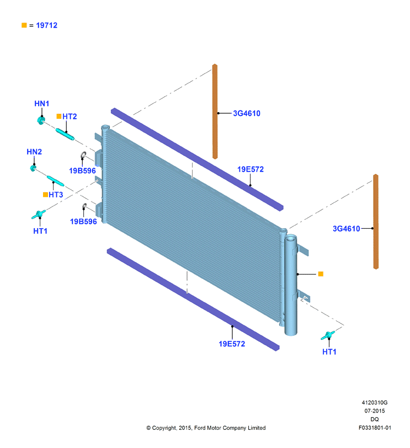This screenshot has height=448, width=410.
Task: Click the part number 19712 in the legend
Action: (x=46, y=25)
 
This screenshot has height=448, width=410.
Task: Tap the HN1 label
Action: (x=41, y=103)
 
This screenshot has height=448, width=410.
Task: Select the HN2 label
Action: (x=34, y=152)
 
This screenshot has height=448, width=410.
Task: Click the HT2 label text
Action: (x=70, y=117)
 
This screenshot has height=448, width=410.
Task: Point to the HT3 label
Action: (x=56, y=195)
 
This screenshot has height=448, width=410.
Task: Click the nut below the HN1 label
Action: (x=41, y=120)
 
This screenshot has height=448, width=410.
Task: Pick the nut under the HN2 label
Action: (x=33, y=168)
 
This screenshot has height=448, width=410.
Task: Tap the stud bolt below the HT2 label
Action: (x=65, y=134)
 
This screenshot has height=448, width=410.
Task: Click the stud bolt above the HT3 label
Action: (x=55, y=181)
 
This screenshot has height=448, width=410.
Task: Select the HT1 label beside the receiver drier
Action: (x=329, y=352)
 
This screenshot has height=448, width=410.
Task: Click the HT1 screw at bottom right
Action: (x=328, y=335)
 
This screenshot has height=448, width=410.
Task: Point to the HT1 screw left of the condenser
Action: (x=39, y=214)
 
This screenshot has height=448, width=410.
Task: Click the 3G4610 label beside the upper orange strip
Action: (x=247, y=113)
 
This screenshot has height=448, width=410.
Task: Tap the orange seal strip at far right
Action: (x=376, y=222)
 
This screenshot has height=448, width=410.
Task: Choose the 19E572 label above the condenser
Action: (x=251, y=170)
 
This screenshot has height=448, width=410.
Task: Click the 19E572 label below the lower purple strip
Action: (x=232, y=344)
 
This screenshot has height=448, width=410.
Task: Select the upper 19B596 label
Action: (x=82, y=171)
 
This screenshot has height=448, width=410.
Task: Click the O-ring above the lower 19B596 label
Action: (x=84, y=207)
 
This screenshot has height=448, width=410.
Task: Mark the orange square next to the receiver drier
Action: (x=321, y=274)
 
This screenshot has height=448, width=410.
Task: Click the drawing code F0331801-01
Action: (x=375, y=428)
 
